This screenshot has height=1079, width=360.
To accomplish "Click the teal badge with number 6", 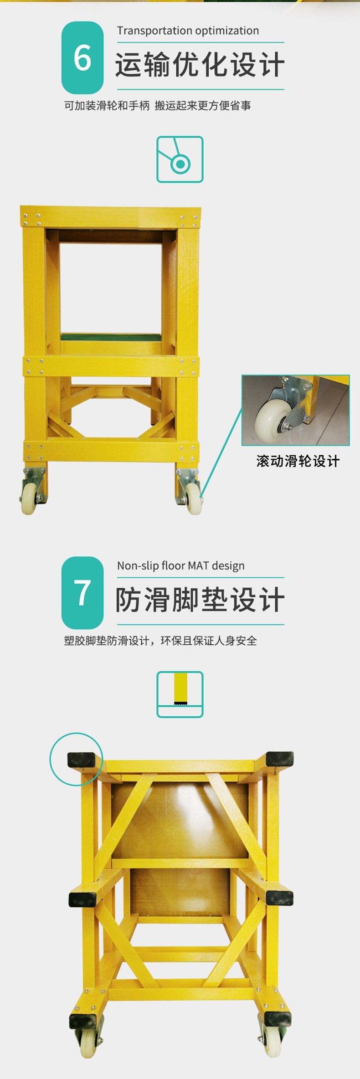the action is (x=82, y=57).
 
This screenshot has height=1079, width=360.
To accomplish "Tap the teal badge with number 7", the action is (x=82, y=592).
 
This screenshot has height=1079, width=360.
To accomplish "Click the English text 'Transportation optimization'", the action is (x=188, y=31).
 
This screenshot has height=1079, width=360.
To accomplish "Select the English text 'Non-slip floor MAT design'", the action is (x=181, y=566).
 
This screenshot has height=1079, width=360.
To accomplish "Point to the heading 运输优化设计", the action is (x=200, y=65).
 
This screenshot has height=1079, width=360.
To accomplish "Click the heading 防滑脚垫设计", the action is (x=200, y=600).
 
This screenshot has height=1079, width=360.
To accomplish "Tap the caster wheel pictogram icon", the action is (x=180, y=159).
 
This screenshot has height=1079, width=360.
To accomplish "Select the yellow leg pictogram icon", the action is (x=180, y=694).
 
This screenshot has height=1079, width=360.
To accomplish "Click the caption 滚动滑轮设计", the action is (x=298, y=461).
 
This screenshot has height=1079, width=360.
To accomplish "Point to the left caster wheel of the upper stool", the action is (x=29, y=498).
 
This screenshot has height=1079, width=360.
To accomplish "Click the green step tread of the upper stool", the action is (x=111, y=337).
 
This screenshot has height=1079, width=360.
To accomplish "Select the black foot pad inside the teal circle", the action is (x=82, y=760).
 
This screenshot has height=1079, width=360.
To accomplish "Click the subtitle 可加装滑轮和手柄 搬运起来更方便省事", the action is (x=157, y=106).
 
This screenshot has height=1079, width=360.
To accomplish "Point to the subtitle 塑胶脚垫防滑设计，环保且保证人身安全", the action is (x=160, y=641).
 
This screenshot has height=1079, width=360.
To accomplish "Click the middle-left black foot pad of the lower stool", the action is (x=83, y=899).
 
